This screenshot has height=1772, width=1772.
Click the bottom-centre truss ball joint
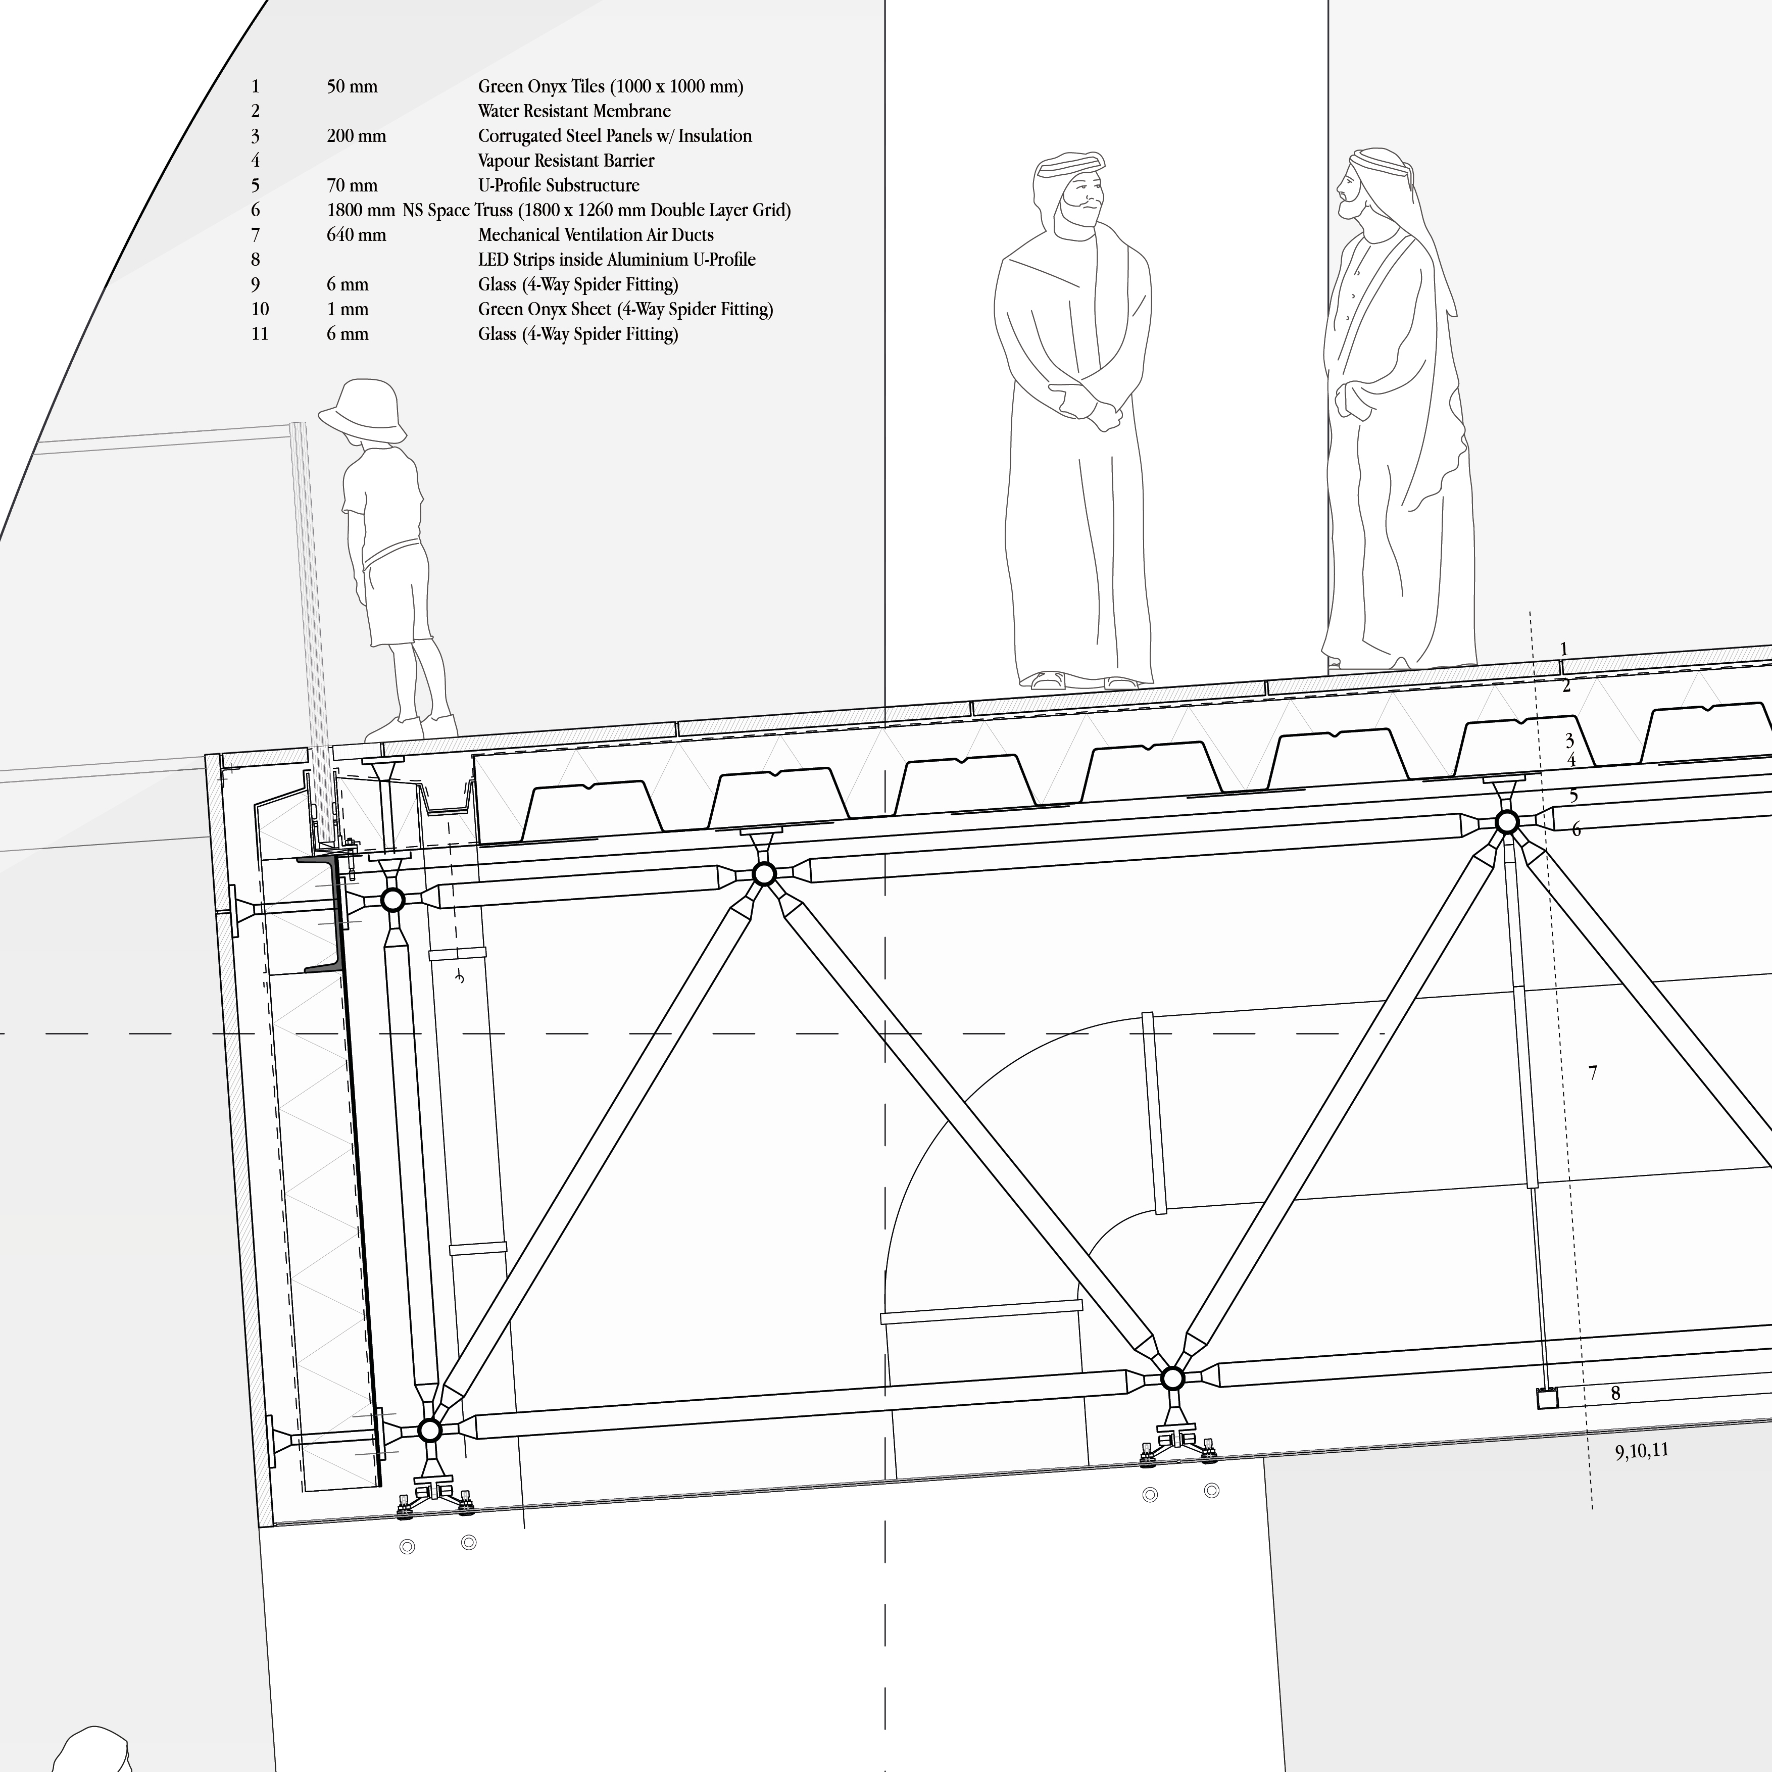coord(1172,1379)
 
